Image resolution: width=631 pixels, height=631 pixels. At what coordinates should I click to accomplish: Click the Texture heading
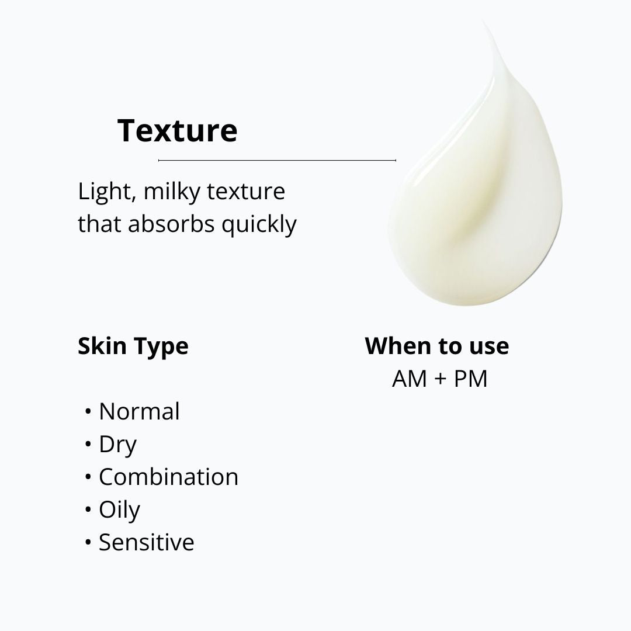177,130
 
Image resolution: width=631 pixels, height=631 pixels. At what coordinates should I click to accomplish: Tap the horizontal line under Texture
277,160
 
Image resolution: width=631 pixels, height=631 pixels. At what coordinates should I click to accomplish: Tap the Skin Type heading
133,346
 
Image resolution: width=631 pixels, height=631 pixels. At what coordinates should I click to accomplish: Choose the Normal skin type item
139,411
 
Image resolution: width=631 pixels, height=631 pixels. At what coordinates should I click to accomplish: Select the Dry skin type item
117,445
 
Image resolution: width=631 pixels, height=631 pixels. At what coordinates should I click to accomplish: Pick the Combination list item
168,477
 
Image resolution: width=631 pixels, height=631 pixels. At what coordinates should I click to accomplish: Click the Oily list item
119,511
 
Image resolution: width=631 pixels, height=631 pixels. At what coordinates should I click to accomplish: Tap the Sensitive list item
146,542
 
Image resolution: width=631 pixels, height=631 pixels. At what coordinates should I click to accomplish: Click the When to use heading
437,346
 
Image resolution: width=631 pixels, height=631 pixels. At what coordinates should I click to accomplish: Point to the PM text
470,379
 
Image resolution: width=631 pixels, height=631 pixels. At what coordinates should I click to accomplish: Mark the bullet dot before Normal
88,412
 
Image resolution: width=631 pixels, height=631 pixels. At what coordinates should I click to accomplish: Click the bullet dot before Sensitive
88,543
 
